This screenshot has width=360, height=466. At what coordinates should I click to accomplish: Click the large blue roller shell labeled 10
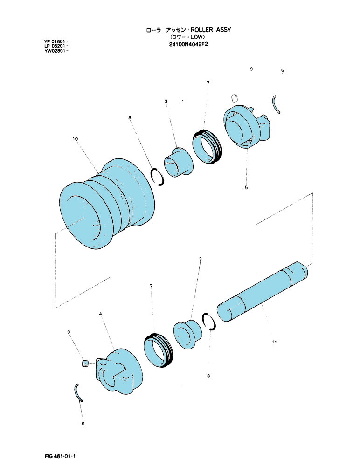point(107,205)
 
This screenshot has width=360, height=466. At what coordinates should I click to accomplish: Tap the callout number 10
point(75,139)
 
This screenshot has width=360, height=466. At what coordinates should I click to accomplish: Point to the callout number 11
point(274,342)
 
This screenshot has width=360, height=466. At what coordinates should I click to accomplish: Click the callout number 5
point(246,187)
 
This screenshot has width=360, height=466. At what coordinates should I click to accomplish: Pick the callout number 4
point(101,314)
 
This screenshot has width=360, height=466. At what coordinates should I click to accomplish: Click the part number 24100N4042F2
point(188,45)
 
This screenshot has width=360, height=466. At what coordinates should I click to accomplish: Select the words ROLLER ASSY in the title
point(211,30)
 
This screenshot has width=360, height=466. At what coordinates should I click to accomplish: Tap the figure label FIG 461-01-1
point(60,456)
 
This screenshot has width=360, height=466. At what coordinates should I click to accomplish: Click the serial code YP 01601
point(56,41)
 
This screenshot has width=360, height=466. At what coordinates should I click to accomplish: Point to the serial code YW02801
point(55,50)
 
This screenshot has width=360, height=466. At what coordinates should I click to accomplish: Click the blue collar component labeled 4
point(118,371)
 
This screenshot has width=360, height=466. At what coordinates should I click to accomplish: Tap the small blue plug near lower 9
point(85,363)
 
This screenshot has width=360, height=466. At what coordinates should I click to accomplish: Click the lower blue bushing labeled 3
point(187,335)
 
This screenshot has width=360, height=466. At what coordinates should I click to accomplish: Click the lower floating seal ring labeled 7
point(158,351)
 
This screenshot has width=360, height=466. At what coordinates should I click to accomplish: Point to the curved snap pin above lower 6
point(78,393)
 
